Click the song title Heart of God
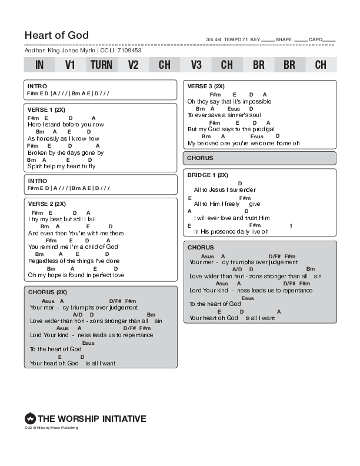(56, 35)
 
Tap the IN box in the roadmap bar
(39, 65)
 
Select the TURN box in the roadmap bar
(101, 65)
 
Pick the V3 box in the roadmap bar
(196, 65)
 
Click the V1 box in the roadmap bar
(70, 65)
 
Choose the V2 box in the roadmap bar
(133, 65)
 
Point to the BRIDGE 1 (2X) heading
(208, 175)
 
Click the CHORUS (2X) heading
(48, 292)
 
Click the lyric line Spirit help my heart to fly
(61, 167)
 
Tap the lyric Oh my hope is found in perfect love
(76, 275)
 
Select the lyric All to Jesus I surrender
(225, 189)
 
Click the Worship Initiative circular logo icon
(30, 419)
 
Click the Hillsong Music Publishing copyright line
(51, 428)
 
